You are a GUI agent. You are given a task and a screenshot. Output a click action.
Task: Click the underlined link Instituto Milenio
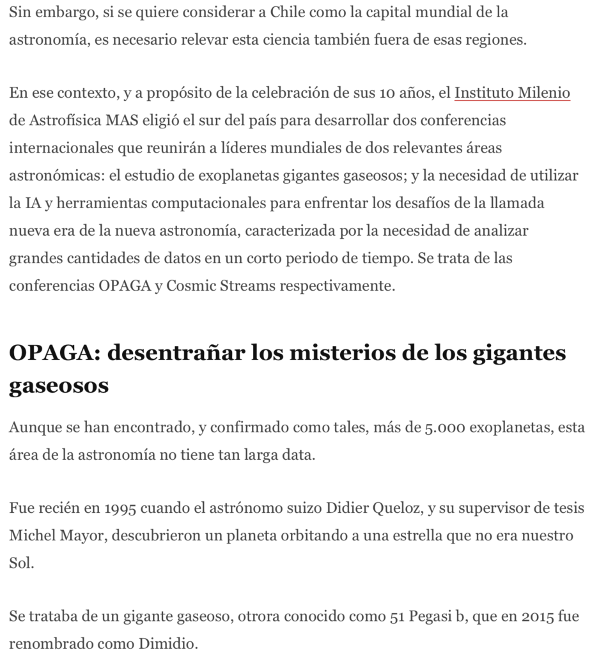[512, 94]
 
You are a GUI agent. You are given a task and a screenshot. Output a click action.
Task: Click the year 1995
[104, 509]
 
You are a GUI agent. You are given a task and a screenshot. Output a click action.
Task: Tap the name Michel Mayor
[56, 536]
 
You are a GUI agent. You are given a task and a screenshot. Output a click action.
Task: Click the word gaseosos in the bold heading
[58, 386]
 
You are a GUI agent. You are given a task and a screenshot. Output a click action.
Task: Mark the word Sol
[20, 563]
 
